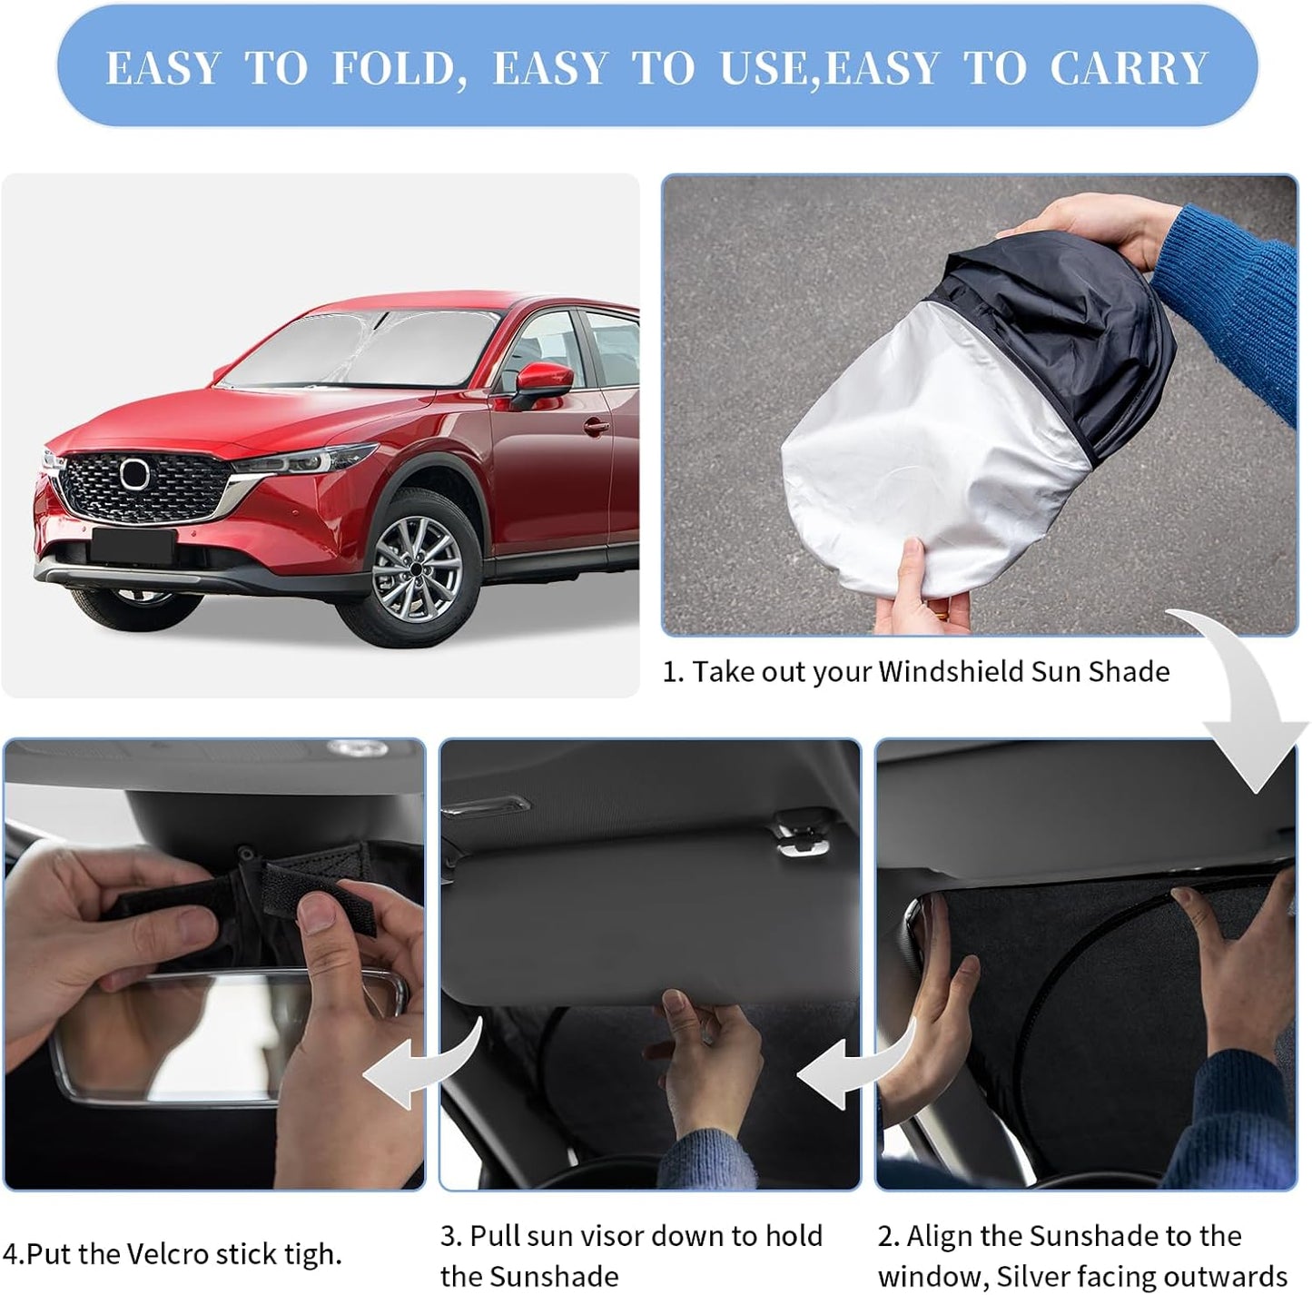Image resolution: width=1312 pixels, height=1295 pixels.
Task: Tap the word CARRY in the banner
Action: point(1129,69)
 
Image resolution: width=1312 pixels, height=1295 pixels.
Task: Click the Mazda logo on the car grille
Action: point(134,474)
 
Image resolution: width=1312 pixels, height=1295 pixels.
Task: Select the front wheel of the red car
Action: point(417,569)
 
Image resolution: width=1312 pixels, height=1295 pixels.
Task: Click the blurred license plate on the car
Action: point(133,546)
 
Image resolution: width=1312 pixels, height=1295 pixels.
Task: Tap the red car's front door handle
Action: point(596,426)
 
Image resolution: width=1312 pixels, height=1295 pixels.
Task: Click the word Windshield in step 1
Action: point(951,672)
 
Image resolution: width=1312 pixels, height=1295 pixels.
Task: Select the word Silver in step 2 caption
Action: point(1036,1276)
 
